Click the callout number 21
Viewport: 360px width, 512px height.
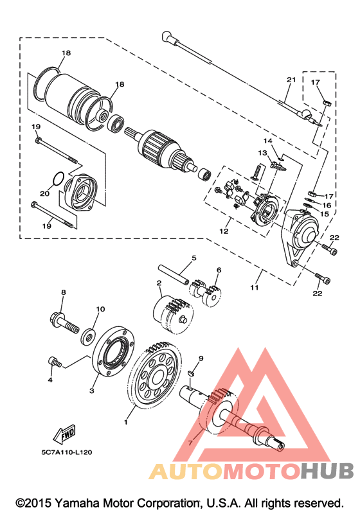click(x=291, y=80)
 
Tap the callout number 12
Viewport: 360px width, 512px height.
click(x=224, y=231)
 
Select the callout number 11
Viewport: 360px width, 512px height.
click(x=254, y=287)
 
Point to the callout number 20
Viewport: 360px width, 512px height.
click(x=45, y=193)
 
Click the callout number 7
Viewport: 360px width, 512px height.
click(x=190, y=443)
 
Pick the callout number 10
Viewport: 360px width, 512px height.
click(x=100, y=309)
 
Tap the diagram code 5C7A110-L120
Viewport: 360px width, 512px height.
click(x=67, y=452)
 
